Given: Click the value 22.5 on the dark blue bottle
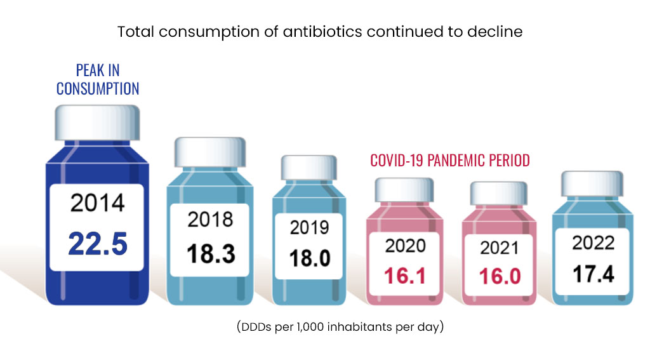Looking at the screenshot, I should pos(98,244).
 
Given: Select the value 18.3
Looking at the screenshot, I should pos(211,253).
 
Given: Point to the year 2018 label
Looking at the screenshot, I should pos(211,219).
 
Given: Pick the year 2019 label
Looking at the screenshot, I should pos(309,227).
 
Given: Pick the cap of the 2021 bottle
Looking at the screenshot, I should pos(498,193).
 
